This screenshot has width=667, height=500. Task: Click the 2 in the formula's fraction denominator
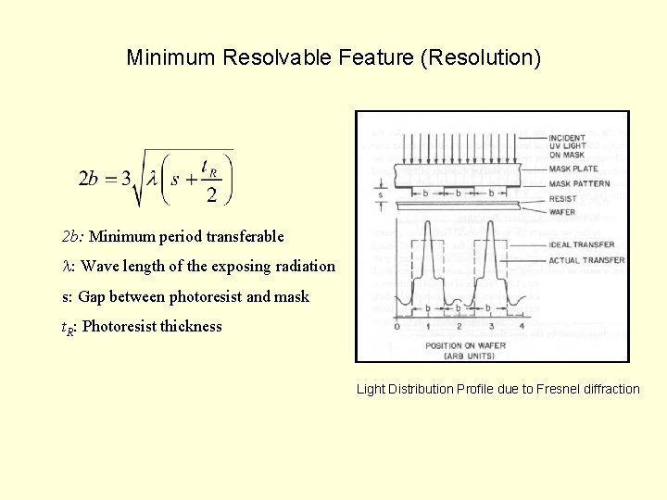pyautogui.click(x=211, y=194)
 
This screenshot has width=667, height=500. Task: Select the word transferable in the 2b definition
pyautogui.click(x=244, y=236)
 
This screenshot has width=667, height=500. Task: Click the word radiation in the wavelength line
pyautogui.click(x=305, y=266)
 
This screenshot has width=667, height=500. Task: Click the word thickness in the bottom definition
pyautogui.click(x=190, y=326)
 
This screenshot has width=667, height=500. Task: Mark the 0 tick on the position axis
pyautogui.click(x=396, y=326)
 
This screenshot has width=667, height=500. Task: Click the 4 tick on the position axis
pyautogui.click(x=522, y=326)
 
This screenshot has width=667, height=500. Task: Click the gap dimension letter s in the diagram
pyautogui.click(x=379, y=195)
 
